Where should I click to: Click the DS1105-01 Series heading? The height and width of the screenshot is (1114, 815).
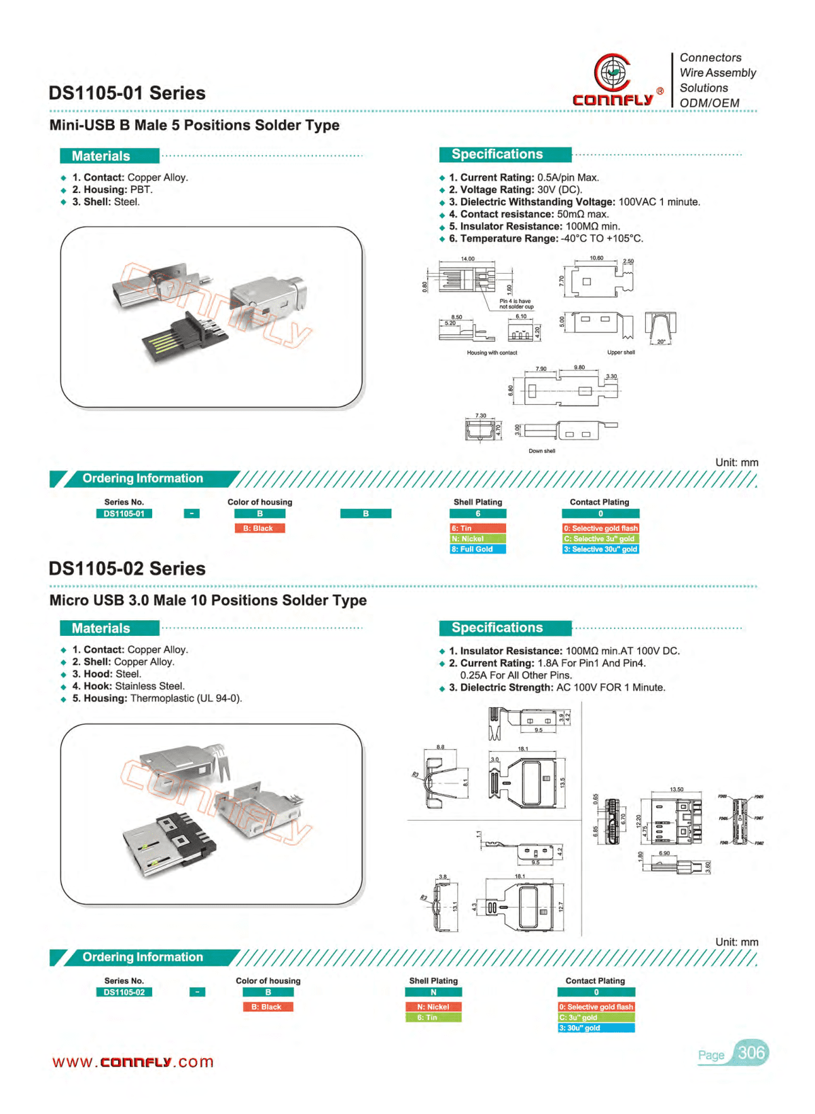coord(127,93)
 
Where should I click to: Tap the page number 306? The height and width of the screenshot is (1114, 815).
coord(751,1053)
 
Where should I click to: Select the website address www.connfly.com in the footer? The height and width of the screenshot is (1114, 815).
coord(133,1062)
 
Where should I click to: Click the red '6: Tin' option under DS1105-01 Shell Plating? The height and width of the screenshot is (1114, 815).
coord(477,528)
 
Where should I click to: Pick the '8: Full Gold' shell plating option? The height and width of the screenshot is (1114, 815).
coord(477,549)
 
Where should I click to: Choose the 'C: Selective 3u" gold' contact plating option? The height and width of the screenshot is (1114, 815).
coord(600,539)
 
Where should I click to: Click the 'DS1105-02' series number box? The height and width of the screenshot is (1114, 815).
coord(124,992)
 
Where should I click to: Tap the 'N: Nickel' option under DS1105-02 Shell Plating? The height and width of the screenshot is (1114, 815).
coord(433,1007)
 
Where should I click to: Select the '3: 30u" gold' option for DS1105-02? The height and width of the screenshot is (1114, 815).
coord(596,1028)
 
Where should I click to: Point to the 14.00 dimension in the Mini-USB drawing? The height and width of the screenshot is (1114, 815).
coord(468,259)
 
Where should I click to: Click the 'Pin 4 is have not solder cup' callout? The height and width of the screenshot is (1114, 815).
coord(516,304)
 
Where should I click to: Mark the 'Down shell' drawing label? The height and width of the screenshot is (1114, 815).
coord(542,451)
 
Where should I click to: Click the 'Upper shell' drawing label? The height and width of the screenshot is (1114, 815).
coord(621,353)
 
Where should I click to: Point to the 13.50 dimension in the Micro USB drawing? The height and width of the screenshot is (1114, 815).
coord(676,789)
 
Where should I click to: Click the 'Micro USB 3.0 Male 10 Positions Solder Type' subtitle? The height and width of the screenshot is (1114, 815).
coord(208,600)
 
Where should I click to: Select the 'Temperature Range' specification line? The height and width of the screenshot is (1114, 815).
coord(545,238)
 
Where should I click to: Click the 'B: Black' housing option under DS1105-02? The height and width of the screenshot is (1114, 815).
coord(268,1007)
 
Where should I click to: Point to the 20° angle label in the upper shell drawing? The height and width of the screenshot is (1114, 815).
coord(661,342)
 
